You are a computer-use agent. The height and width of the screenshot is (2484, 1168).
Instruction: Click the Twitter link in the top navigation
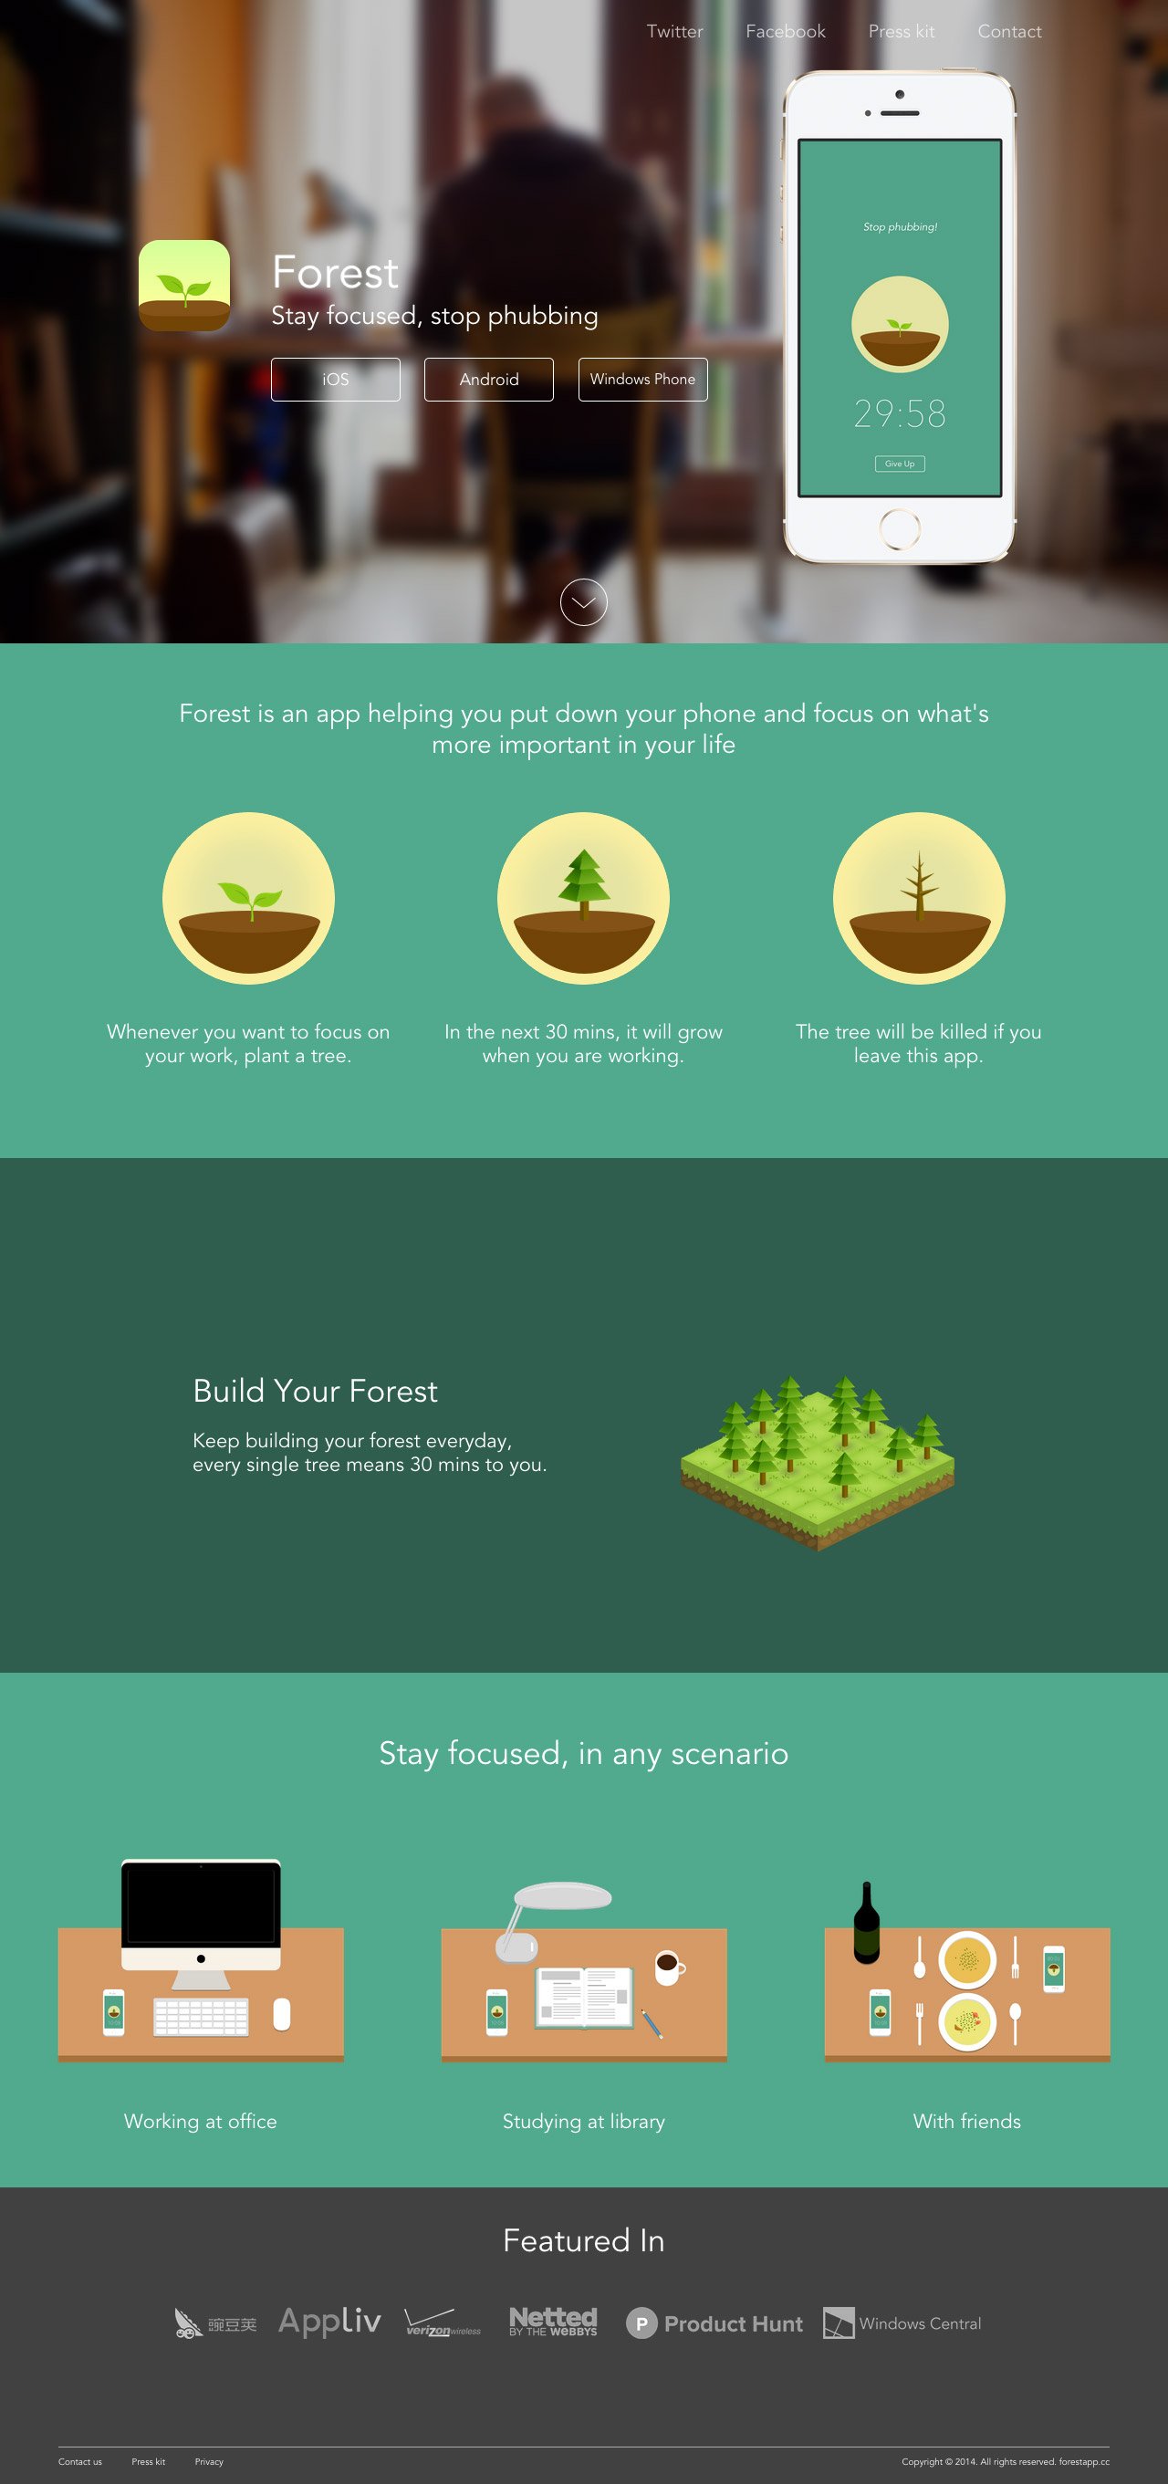(x=674, y=32)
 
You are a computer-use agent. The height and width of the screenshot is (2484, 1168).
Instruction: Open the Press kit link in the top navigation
(x=901, y=32)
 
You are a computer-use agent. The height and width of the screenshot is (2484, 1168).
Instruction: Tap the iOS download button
(x=336, y=379)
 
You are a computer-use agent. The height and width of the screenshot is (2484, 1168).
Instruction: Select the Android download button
(x=489, y=379)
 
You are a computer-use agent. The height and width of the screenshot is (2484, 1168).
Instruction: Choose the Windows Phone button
(x=642, y=379)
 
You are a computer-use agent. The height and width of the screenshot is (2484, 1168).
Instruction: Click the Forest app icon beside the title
(x=184, y=286)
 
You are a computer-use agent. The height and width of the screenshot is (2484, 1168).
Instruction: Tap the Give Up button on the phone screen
(x=899, y=464)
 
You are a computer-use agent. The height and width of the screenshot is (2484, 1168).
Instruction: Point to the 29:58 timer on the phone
(x=899, y=413)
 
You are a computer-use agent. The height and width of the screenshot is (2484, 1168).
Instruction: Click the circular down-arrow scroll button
(x=583, y=602)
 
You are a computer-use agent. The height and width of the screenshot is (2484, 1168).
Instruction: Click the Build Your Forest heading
(x=315, y=1391)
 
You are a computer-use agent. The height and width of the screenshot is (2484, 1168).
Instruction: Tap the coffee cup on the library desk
(x=667, y=1966)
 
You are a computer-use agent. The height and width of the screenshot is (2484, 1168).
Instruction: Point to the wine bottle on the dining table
(x=866, y=1923)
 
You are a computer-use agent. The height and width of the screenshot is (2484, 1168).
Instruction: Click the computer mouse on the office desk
(x=282, y=2013)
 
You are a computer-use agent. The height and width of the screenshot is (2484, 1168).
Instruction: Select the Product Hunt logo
(x=714, y=2324)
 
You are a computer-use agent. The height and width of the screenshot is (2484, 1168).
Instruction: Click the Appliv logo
(x=328, y=2321)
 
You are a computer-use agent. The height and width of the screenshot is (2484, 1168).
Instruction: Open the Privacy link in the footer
(x=208, y=2462)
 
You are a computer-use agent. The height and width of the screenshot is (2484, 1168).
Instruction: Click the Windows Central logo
(x=902, y=2324)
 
